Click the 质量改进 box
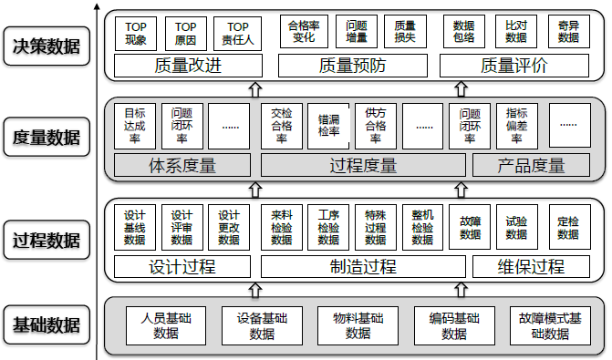188,66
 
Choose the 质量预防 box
356,66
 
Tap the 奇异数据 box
567,34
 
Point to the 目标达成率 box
135,126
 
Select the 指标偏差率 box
516,126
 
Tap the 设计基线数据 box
135,227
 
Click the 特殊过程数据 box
376,227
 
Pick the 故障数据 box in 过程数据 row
471,227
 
